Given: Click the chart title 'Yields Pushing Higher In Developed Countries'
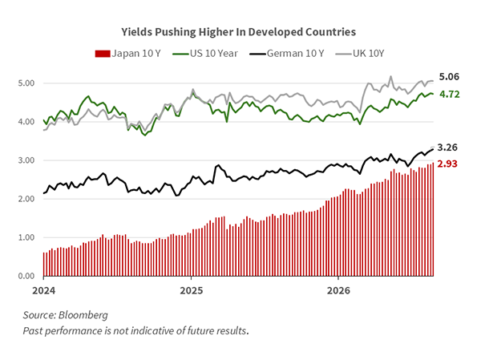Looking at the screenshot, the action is (238, 32).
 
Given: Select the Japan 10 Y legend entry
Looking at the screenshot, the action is (127, 54).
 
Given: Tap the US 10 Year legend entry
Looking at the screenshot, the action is (205, 54).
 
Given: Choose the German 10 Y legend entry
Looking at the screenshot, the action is (286, 54).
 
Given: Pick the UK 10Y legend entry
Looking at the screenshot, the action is (360, 54).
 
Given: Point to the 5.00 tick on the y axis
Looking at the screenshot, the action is (26, 83).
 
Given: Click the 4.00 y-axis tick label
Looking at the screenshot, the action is (26, 122).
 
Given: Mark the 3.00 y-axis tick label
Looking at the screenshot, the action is (26, 160).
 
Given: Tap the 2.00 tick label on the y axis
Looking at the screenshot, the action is (26, 199).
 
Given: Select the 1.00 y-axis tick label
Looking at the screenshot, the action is (26, 237).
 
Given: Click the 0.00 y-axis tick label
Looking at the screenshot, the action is (26, 277).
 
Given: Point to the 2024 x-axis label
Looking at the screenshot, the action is (44, 290).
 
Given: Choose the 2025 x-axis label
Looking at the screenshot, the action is (191, 290).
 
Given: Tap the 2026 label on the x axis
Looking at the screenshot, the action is (338, 290).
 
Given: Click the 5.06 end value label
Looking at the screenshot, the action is (449, 76).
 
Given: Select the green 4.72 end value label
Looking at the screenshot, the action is (450, 95).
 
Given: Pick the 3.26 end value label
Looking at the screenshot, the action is (447, 148).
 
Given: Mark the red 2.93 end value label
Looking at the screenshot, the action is (447, 164).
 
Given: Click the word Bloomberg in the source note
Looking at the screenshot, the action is (83, 315).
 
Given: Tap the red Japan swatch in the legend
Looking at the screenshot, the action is (103, 54).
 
